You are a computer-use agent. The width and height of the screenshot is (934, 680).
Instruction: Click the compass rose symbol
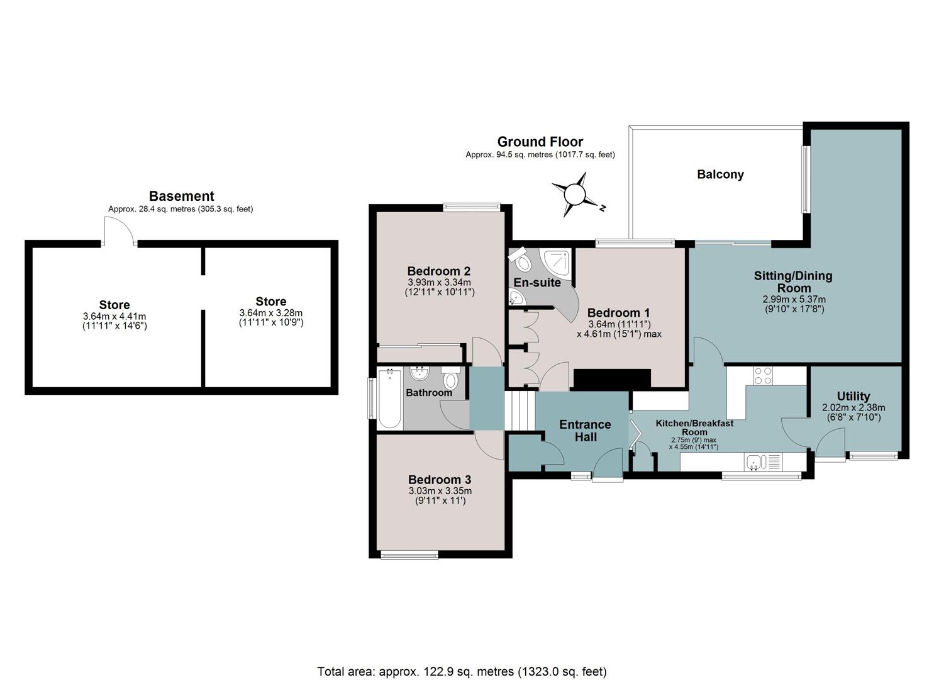click(x=575, y=195)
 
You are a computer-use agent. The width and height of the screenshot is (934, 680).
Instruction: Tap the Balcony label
click(x=720, y=174)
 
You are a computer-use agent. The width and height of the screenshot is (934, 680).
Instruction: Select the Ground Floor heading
click(x=540, y=142)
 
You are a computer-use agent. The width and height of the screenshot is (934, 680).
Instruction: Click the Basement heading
click(x=181, y=196)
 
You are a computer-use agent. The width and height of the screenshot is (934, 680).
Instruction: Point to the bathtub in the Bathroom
click(x=389, y=398)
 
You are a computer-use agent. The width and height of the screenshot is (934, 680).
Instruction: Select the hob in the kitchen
click(x=762, y=375)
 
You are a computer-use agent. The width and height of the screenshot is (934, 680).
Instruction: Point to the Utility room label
click(x=853, y=396)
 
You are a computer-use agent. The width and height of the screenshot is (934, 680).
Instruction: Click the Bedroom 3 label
click(x=440, y=480)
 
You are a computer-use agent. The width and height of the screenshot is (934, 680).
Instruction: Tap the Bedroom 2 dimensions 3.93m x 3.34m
click(x=439, y=283)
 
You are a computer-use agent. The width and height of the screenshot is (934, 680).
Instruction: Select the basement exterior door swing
click(x=120, y=231)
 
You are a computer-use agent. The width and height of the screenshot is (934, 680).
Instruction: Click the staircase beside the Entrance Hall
click(x=520, y=411)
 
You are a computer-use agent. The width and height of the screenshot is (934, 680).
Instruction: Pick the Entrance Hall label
click(x=585, y=431)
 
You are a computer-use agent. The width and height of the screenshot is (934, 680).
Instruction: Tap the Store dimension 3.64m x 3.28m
click(x=271, y=313)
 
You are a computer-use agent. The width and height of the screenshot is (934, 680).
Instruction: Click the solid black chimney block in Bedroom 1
click(x=612, y=378)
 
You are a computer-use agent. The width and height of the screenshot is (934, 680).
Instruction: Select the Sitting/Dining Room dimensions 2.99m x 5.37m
click(x=794, y=299)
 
